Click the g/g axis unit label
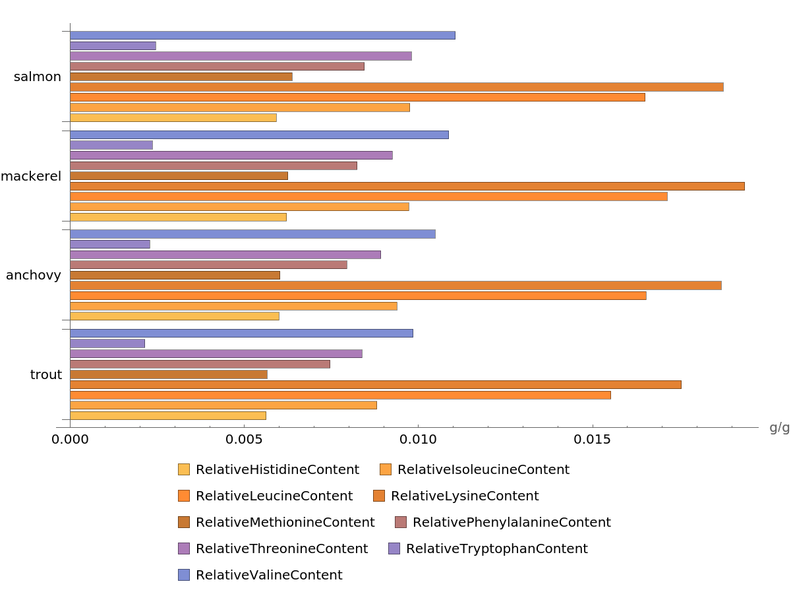tap(779, 428)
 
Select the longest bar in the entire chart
tap(407, 186)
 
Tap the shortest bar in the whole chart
tap(107, 343)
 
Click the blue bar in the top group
tap(262, 36)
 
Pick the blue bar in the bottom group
tap(241, 334)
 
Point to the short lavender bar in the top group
tap(113, 46)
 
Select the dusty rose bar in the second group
tap(214, 165)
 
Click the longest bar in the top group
tap(396, 87)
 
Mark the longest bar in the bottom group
tap(375, 384)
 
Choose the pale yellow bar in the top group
tap(173, 118)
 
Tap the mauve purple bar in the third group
tap(225, 254)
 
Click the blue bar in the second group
tap(259, 134)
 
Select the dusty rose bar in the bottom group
tap(200, 364)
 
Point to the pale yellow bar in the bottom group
tap(168, 416)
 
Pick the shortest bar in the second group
tap(111, 145)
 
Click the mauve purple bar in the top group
tap(241, 56)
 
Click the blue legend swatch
tap(184, 575)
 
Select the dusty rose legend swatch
tap(401, 522)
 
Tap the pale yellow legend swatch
tap(184, 469)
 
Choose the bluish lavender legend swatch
tap(394, 548)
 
